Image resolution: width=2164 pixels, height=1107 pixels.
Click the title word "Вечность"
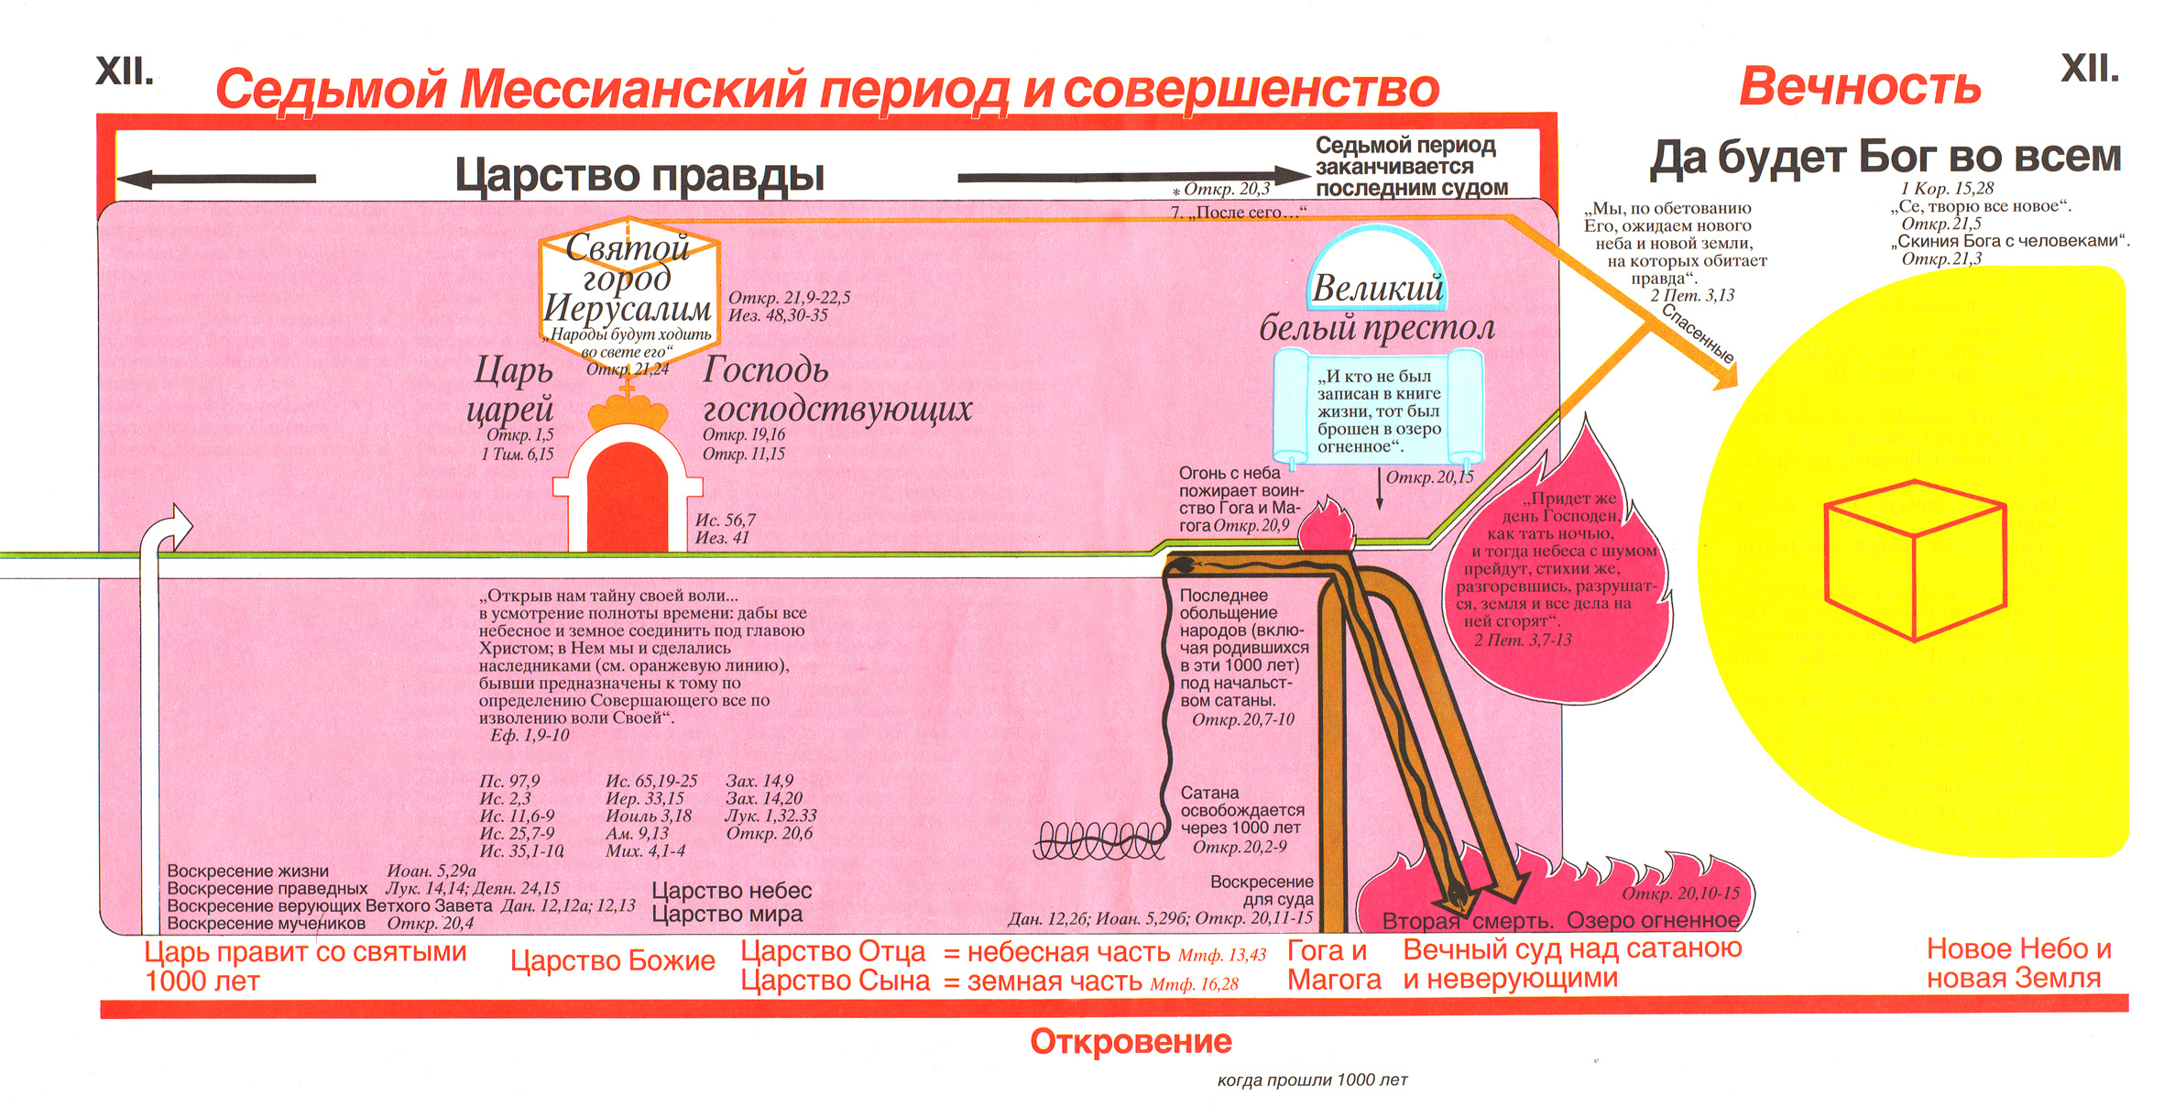[x=1859, y=87]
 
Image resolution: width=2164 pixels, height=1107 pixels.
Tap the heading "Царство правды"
[x=639, y=175]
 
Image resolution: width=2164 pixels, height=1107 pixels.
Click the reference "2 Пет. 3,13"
[x=1692, y=295]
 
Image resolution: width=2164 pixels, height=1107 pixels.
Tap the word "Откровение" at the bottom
[x=1131, y=1042]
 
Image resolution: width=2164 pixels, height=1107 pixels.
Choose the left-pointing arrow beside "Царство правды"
[x=216, y=179]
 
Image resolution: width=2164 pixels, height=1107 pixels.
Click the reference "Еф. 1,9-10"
[x=530, y=735]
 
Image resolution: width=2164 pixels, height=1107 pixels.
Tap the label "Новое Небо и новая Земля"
[x=2018, y=963]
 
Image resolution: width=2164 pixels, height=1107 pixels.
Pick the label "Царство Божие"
[x=612, y=960]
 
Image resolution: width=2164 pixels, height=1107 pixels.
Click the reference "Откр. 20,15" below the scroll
[x=1429, y=477]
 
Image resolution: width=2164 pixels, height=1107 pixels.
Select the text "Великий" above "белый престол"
[x=1377, y=289]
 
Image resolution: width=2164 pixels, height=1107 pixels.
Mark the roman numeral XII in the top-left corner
[x=125, y=71]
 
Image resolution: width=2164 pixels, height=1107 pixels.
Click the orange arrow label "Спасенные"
[x=1698, y=334]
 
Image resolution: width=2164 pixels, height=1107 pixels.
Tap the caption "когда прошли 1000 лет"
[x=1312, y=1080]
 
